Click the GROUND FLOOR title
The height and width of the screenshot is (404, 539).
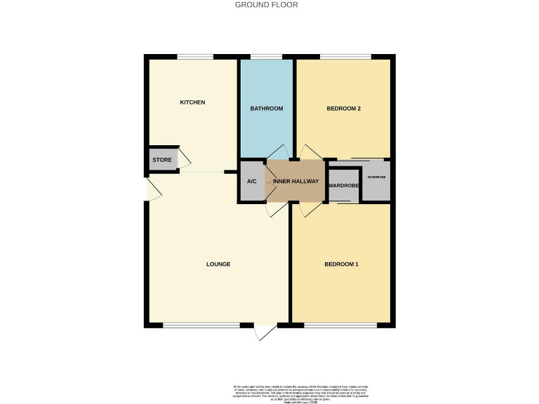point(266,5)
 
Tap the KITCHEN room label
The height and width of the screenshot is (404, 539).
point(192,102)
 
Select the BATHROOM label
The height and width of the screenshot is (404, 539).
point(267,109)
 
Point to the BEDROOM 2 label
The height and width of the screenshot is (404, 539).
point(344,109)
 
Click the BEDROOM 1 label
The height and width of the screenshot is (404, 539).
point(341,264)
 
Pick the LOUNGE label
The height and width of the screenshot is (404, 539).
point(218,264)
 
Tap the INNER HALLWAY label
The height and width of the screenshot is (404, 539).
point(295,182)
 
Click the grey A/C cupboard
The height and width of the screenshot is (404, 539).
point(252,182)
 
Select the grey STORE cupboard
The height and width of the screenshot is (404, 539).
point(162,160)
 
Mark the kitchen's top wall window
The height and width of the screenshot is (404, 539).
point(195,57)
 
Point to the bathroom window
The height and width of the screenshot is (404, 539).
point(267,57)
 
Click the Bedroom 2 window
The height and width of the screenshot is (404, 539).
point(346,57)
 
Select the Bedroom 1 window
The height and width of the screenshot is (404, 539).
point(340,325)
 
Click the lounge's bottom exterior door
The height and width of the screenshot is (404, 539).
point(265,331)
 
